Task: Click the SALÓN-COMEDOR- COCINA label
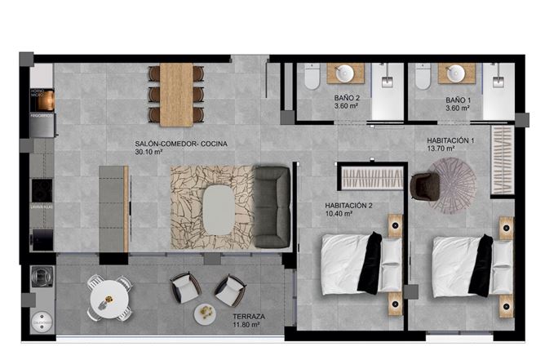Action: (x=180, y=143)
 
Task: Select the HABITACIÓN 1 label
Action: (x=450, y=140)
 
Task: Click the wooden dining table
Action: (x=176, y=93)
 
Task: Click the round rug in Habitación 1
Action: (x=454, y=184)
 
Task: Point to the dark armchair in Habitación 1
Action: (x=423, y=186)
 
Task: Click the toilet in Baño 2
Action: (x=312, y=78)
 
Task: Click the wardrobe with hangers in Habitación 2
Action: (x=371, y=177)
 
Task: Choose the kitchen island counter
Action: (x=113, y=208)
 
